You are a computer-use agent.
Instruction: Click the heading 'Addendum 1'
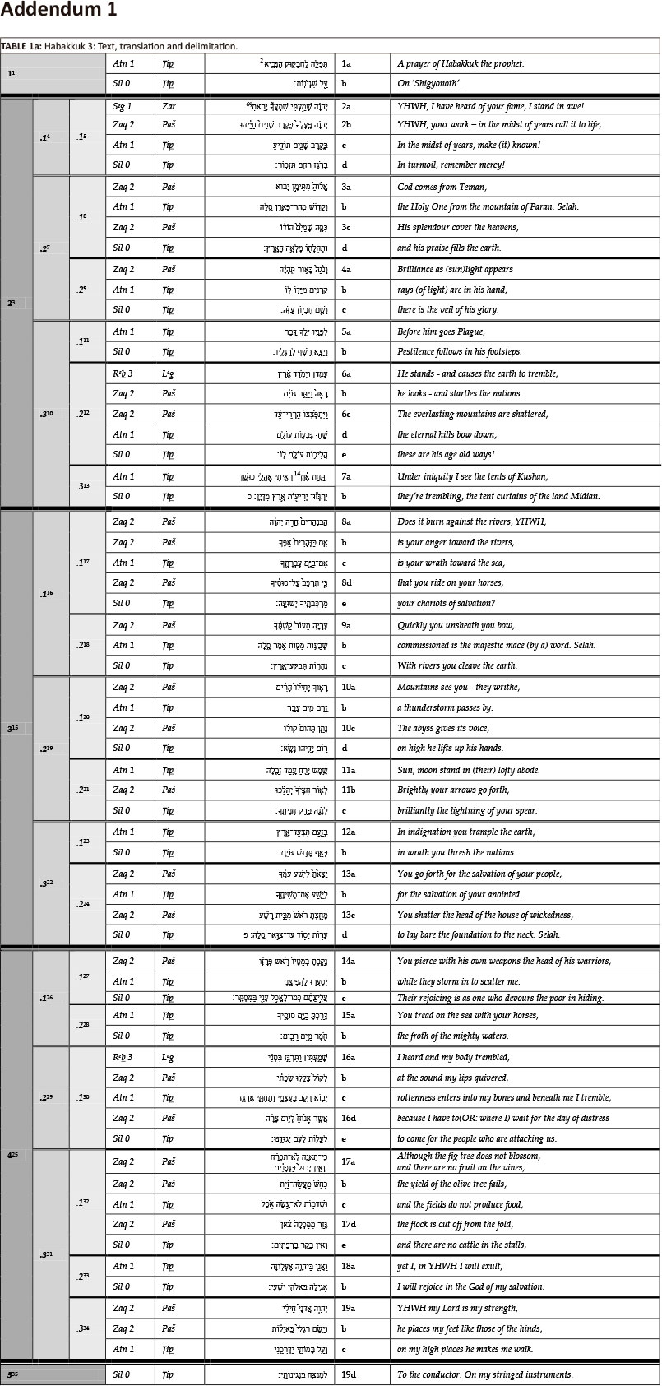pos(59,11)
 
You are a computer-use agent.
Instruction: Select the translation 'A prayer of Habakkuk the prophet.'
pos(461,63)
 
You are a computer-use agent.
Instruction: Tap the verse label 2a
pos(346,106)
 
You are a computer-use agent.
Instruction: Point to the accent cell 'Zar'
pos(168,106)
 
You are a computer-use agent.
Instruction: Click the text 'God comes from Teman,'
pos(440,187)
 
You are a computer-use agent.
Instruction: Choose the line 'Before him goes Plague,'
pos(442,331)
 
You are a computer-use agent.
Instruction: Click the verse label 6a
pos(346,373)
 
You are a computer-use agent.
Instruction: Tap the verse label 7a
pos(346,476)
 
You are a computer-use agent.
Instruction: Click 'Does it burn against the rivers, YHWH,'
pos(472,521)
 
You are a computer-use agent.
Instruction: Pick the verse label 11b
pos(348,790)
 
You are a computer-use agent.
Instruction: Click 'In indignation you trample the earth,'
pos(465,832)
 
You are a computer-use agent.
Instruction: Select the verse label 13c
pos(348,915)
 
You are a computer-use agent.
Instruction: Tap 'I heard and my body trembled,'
pos(453,1057)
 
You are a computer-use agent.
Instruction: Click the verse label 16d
pos(349,1118)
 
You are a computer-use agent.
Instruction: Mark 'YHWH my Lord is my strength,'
pos(456,1308)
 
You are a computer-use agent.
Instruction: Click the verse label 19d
pos(349,1374)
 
